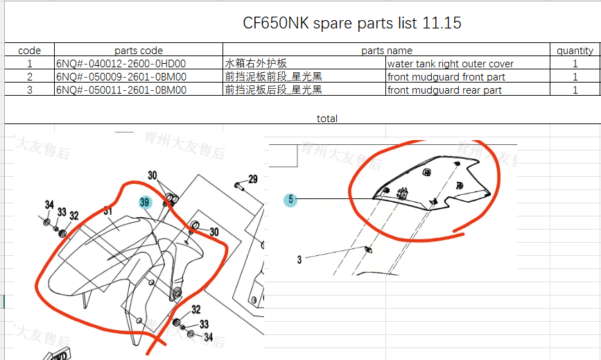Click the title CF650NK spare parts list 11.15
click(x=351, y=23)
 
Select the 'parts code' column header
click(x=139, y=50)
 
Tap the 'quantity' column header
click(x=575, y=50)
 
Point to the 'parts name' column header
click(x=386, y=50)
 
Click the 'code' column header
click(x=29, y=50)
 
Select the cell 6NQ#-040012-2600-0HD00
click(x=121, y=64)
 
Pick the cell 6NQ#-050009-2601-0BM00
click(x=121, y=77)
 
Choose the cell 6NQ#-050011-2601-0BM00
click(x=121, y=90)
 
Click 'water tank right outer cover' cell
click(x=451, y=64)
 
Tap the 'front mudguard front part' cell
click(x=446, y=77)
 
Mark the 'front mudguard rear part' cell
click(x=444, y=90)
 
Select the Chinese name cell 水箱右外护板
click(x=256, y=64)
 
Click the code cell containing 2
click(x=29, y=77)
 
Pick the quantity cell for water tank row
click(x=575, y=64)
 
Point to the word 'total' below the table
click(x=327, y=119)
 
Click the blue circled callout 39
click(x=145, y=203)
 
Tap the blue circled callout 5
click(x=291, y=200)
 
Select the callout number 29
click(x=252, y=180)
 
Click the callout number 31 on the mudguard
click(x=107, y=210)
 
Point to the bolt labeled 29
click(x=238, y=186)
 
